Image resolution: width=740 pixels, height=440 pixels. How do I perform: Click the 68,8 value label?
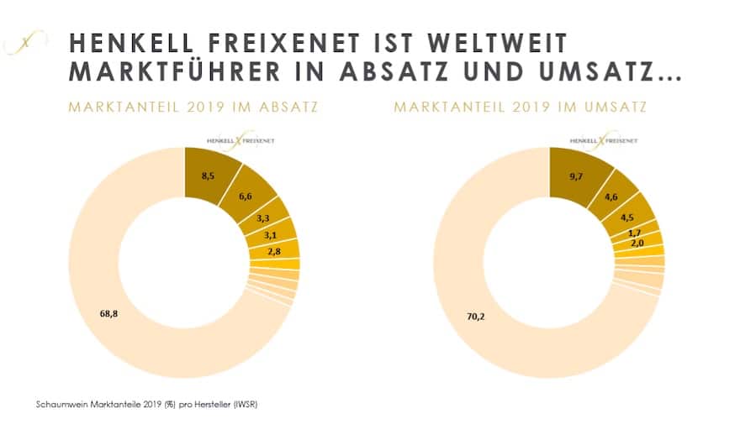point(110,313)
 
